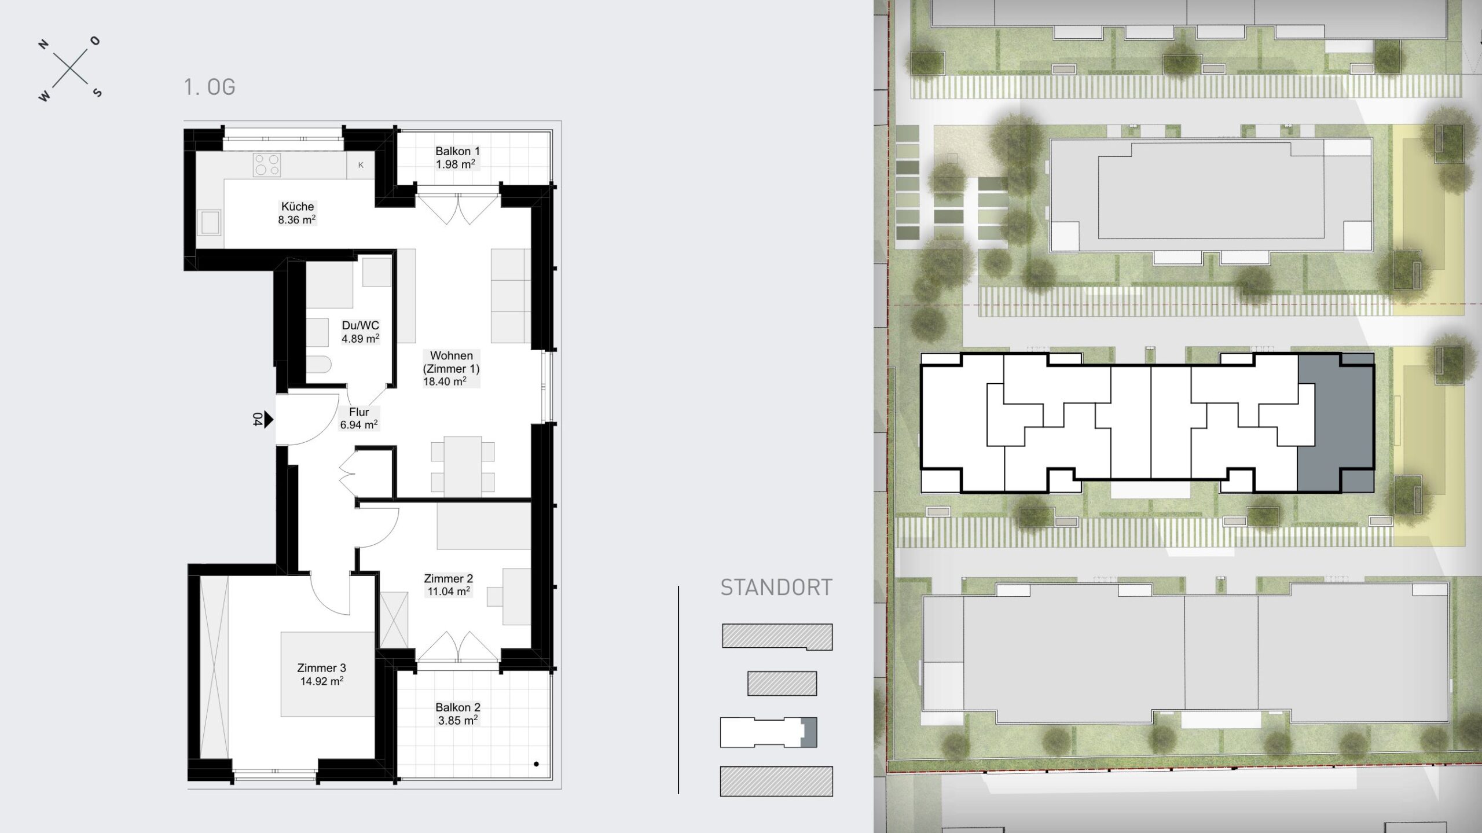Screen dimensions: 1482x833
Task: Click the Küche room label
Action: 298,207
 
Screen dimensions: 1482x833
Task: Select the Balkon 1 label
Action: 457,151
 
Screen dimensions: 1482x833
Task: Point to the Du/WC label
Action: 361,326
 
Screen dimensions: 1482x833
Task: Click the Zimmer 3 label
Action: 322,669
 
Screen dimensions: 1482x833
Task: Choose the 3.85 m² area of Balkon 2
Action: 457,721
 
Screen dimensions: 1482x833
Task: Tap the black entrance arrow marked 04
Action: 268,420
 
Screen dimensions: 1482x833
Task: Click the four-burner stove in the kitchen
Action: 267,164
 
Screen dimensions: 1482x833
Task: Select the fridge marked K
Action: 361,165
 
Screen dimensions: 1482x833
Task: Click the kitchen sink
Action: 210,223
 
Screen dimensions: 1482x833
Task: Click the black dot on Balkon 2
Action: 537,764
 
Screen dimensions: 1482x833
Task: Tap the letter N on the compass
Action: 42,45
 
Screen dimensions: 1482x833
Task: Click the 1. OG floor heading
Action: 210,87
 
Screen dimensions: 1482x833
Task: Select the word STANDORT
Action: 776,588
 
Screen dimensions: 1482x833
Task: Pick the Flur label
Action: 359,412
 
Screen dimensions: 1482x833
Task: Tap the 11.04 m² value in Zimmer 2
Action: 448,591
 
